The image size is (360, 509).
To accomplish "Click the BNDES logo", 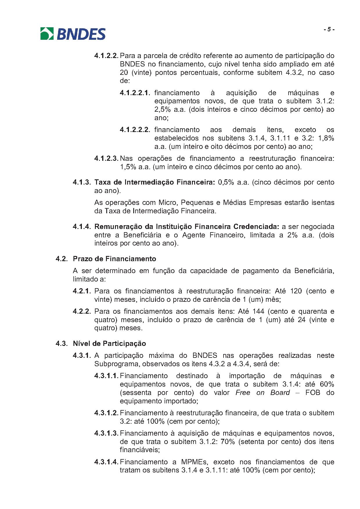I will pos(73,34).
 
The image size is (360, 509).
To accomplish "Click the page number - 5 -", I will pos(329,30).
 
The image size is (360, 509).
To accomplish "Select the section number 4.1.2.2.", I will pos(106,56).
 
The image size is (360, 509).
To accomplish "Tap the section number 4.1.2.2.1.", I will pos(135,93).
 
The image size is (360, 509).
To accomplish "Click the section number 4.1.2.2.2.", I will pos(135,130).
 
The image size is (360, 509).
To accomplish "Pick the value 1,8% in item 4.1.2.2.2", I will pos(326,138).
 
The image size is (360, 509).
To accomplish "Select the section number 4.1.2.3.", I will pos(106,158).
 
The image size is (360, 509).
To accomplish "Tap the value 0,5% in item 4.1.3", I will pos(226,182).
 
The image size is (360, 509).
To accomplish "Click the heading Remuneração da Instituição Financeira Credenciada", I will pos(187,226).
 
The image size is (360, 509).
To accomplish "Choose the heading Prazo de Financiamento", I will pos(114,259).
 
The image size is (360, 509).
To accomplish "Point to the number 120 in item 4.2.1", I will pos(296,291).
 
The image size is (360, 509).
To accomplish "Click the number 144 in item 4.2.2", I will pos(258,311).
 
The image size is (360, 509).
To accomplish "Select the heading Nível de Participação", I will pos(109,344).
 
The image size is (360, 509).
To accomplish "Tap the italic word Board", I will pos(280,393).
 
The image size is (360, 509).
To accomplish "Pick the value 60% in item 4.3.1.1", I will pos(327,384).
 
